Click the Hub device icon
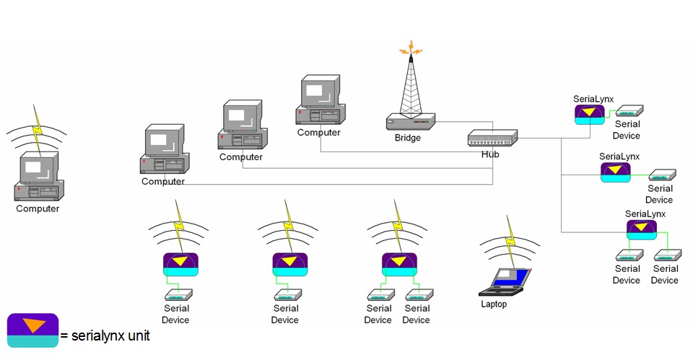(492, 138)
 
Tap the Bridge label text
(407, 138)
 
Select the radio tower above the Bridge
(411, 83)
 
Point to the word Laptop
(494, 304)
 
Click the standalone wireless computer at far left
(38, 176)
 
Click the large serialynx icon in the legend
(32, 330)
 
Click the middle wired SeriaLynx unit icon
(615, 172)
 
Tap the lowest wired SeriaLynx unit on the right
(641, 229)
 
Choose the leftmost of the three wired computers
(164, 150)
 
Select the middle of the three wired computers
(243, 127)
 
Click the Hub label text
(491, 154)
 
